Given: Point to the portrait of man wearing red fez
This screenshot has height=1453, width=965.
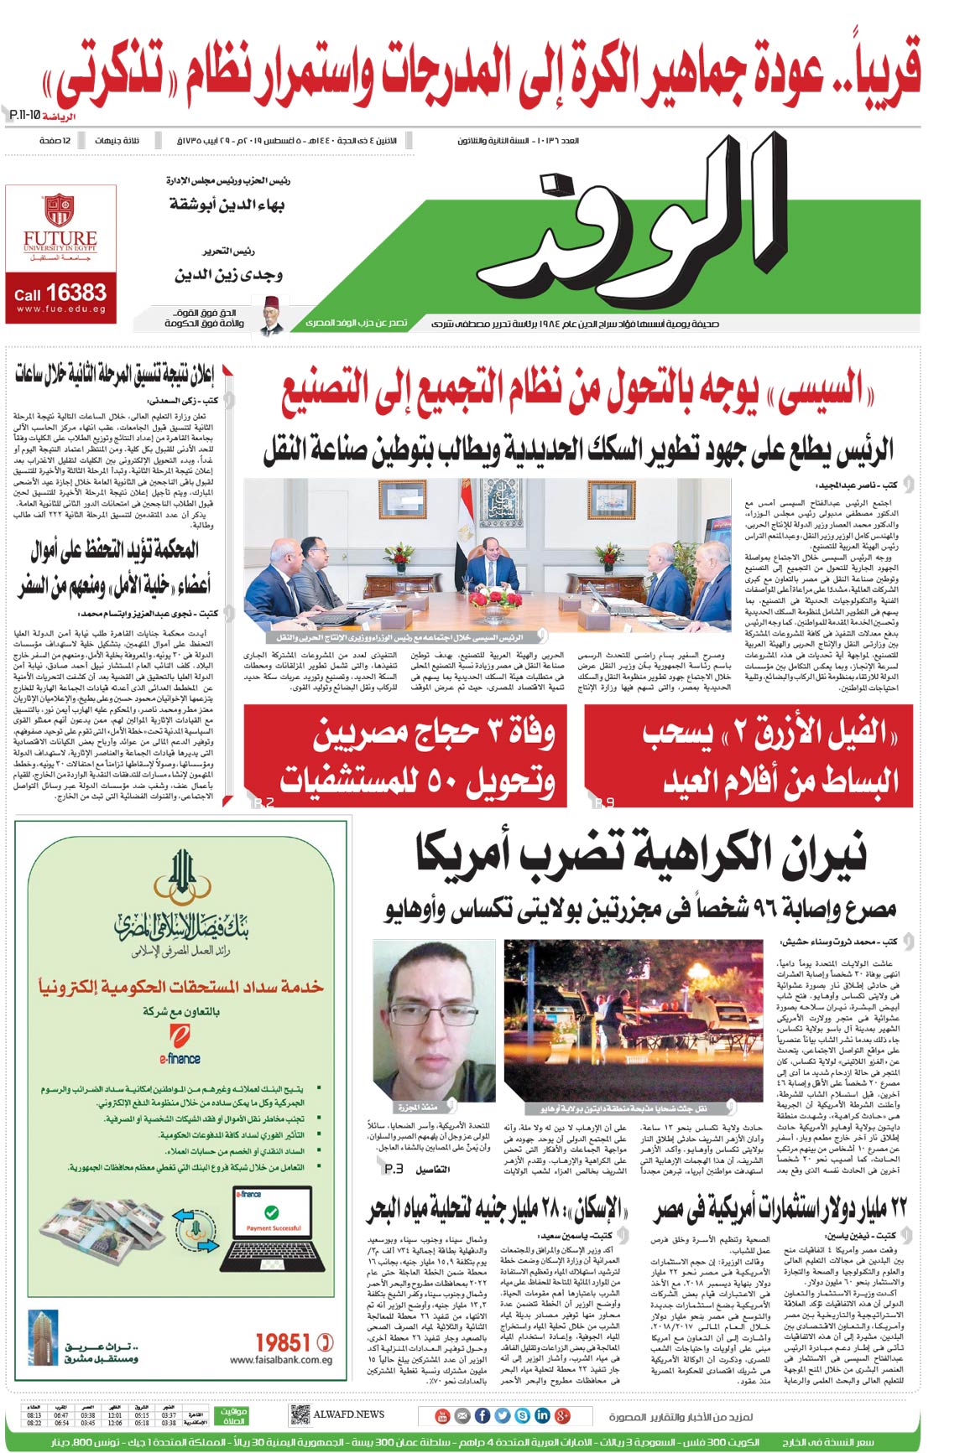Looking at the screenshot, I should [x=272, y=314].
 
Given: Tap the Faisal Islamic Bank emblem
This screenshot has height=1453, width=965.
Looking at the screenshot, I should [x=181, y=877].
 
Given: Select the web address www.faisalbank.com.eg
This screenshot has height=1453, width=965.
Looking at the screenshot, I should [x=280, y=1360].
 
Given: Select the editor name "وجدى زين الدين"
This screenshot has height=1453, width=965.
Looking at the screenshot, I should [x=228, y=275].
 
